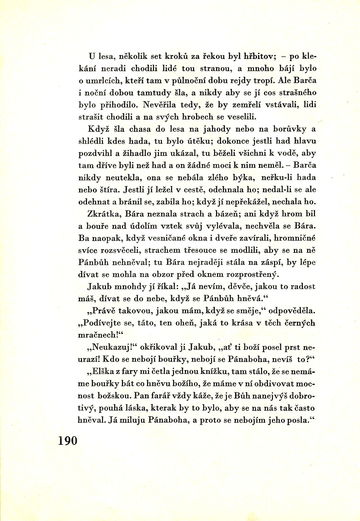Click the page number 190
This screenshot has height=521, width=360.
[x=68, y=441]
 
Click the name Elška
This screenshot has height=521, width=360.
[x=103, y=372]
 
